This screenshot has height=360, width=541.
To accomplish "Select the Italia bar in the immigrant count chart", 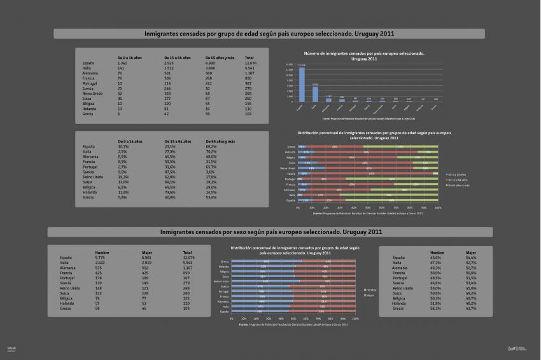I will pos(315,93).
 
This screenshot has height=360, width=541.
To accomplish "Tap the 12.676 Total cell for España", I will pos(250,64).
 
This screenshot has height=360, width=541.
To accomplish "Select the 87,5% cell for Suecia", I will pos(169,172).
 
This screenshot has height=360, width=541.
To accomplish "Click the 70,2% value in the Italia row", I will pos(211,152).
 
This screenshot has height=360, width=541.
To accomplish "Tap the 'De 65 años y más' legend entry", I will pos(459,185).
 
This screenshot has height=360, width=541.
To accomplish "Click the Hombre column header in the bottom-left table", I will pos(102,252).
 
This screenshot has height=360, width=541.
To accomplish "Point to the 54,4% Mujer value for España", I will pos(471,258).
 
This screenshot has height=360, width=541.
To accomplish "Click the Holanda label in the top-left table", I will pos(89,109).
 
